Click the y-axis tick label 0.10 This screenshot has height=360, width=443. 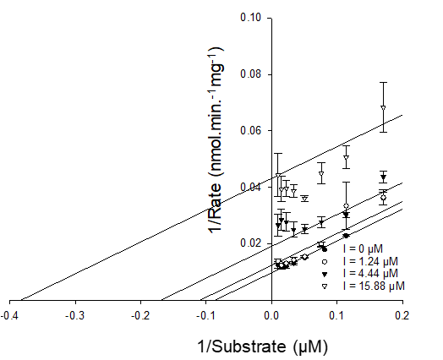coord(251,18)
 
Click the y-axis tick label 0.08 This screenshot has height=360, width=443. coord(251,74)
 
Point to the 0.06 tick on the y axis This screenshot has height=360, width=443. coord(251,131)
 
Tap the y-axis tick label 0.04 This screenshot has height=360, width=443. coord(251,187)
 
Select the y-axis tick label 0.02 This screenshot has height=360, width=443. coord(251,243)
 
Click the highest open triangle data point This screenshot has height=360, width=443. coord(383,108)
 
